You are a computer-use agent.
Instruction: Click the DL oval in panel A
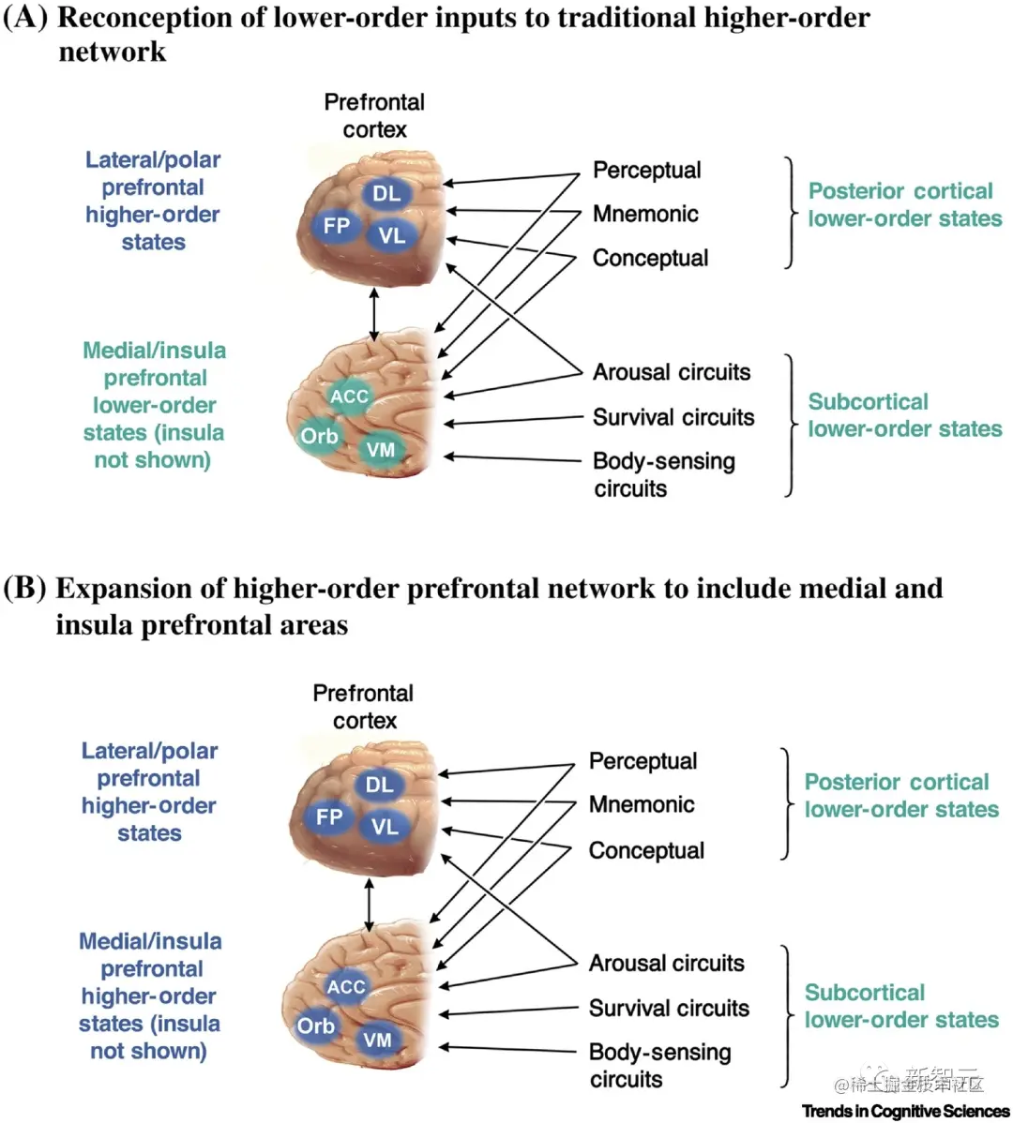[386, 194]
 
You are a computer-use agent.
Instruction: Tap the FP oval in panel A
[336, 226]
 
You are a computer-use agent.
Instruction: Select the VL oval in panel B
[385, 827]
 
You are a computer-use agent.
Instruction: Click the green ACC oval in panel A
[349, 397]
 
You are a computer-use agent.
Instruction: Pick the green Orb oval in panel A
[319, 436]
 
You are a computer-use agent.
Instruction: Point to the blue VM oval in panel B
[377, 1040]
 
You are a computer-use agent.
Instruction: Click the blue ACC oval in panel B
[345, 987]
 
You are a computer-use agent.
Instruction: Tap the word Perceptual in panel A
[646, 171]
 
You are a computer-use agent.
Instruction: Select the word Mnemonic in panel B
[642, 804]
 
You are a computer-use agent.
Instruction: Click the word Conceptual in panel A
[650, 258]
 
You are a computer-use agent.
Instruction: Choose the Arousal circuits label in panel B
[666, 963]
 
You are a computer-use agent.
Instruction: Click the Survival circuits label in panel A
[673, 417]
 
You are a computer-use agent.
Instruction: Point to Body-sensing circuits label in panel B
[659, 1065]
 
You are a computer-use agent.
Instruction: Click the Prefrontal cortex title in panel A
[374, 115]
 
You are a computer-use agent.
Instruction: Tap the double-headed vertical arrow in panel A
[374, 314]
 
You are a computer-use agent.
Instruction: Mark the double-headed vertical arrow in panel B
[369, 905]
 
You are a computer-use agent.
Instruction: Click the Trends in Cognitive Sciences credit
[905, 1112]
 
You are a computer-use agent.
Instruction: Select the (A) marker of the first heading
[25, 18]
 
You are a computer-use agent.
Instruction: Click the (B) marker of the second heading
[25, 588]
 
